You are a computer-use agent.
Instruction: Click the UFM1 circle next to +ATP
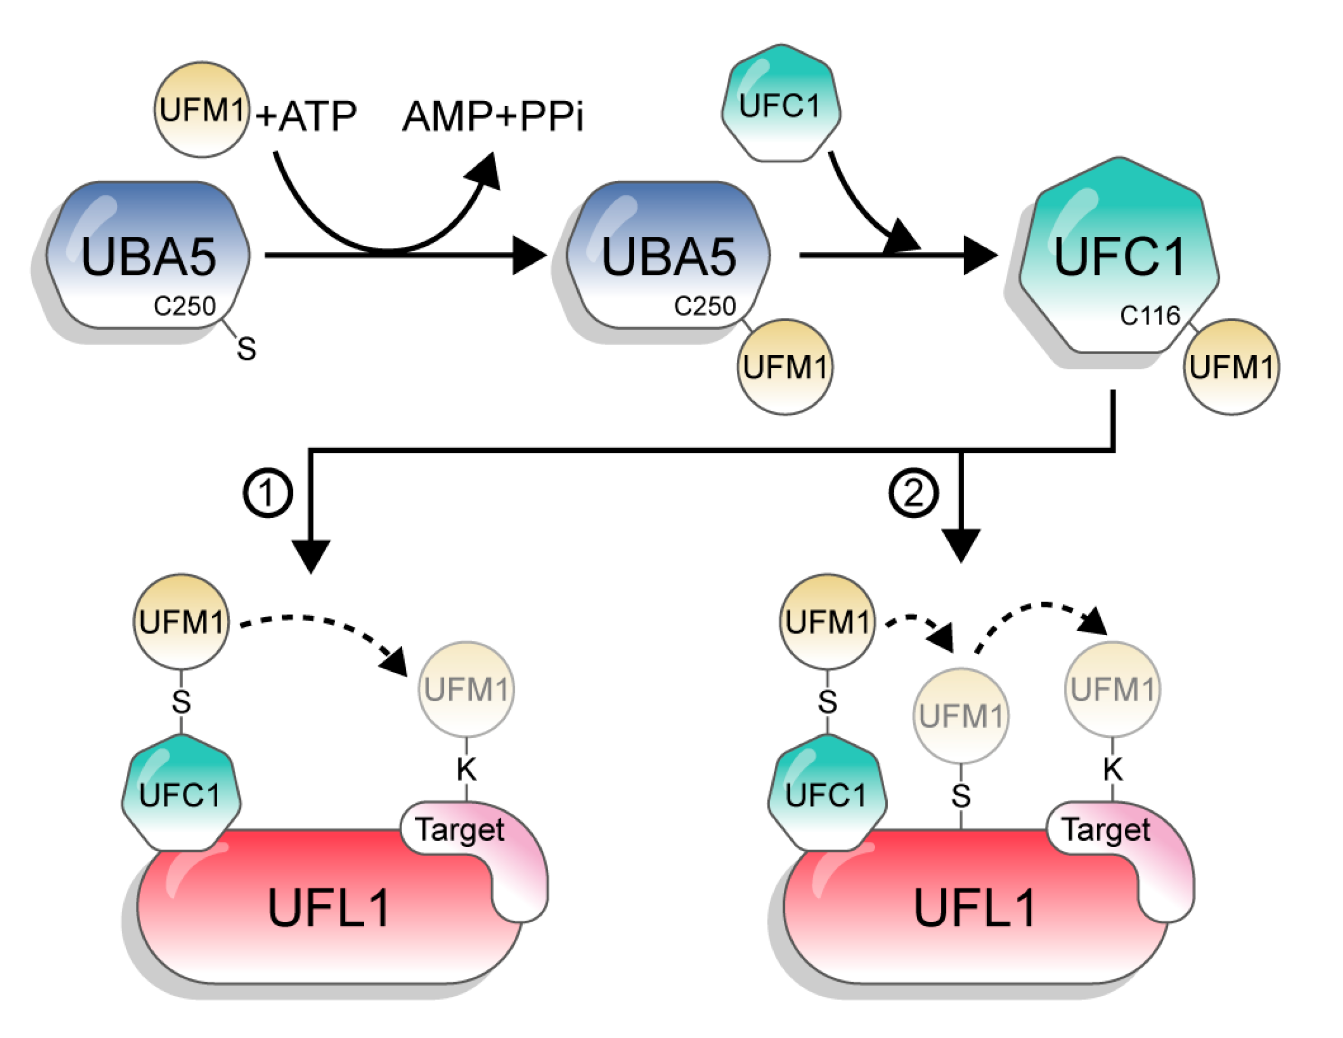(202, 109)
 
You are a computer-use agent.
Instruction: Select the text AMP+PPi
(493, 116)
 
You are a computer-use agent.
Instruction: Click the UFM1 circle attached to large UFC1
(1231, 367)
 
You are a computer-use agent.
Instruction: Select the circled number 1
(267, 493)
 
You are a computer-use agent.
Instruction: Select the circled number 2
(913, 493)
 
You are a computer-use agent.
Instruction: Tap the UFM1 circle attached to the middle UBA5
(785, 367)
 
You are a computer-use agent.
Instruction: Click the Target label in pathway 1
(459, 830)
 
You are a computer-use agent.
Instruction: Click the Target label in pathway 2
(1105, 830)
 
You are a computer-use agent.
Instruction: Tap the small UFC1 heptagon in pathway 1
(181, 794)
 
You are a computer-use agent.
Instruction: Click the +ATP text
(305, 116)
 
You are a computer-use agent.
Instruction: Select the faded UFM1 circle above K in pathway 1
(466, 689)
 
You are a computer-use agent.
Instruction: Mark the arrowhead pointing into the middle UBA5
(529, 255)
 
